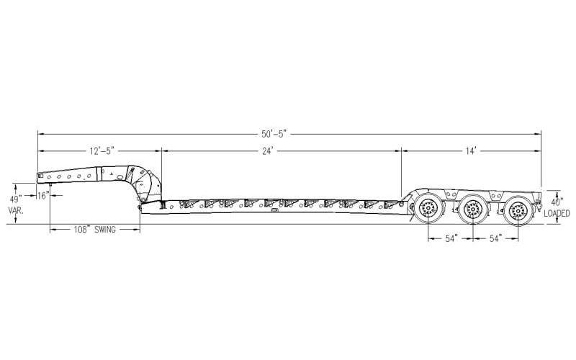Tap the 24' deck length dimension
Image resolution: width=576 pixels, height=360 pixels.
[x=279, y=150]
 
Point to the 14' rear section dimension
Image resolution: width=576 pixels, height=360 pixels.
[x=472, y=150]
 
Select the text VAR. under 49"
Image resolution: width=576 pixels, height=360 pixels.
[x=16, y=210]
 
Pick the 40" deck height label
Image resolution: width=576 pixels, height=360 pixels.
[x=557, y=202]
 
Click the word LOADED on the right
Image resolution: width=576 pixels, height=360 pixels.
[x=557, y=214]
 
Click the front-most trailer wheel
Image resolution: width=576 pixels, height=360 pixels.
[x=427, y=210]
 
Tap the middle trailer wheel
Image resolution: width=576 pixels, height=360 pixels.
[x=472, y=210]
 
